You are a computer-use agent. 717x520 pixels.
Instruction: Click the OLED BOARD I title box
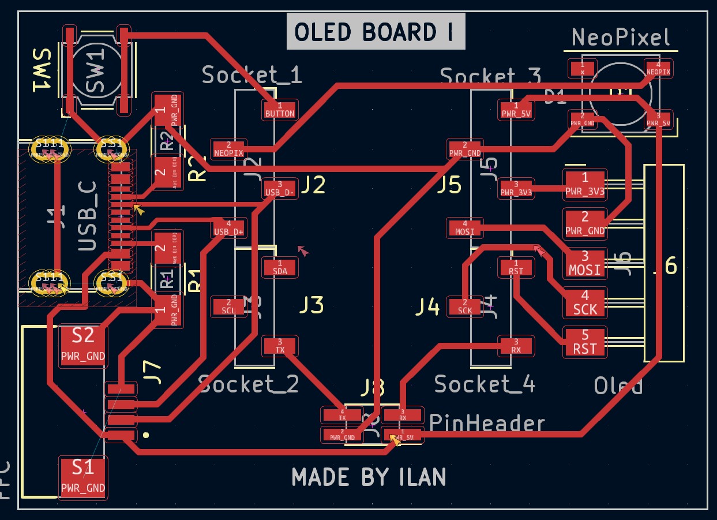[x=376, y=32]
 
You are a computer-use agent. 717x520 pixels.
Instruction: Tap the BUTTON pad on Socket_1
[x=280, y=110]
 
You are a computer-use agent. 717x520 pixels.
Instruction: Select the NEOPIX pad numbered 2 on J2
[x=228, y=148]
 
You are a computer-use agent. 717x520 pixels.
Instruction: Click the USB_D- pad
[x=280, y=188]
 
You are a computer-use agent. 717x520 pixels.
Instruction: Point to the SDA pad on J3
[x=280, y=267]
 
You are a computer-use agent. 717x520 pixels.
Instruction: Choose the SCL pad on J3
[x=228, y=306]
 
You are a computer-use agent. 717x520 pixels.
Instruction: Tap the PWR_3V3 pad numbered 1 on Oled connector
[x=585, y=184]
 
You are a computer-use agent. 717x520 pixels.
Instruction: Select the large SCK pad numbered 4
[x=585, y=302]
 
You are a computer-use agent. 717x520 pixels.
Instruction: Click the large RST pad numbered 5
[x=585, y=342]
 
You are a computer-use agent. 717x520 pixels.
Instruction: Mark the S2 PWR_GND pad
[x=83, y=345]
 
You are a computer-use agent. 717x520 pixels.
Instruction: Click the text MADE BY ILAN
[x=369, y=477]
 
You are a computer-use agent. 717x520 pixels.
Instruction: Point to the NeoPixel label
[x=621, y=38]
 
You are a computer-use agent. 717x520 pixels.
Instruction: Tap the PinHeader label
[x=487, y=424]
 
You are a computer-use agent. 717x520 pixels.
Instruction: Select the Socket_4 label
[x=484, y=384]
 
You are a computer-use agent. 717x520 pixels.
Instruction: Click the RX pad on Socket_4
[x=516, y=346]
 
